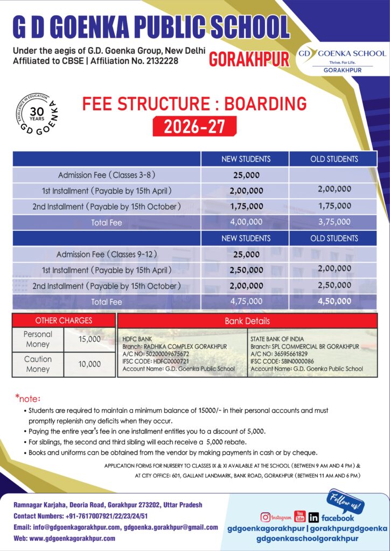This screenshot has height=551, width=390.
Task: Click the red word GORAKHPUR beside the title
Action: tap(248, 59)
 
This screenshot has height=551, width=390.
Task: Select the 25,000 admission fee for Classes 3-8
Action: tap(246, 175)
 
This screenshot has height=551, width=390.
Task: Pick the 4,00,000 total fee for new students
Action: tap(246, 222)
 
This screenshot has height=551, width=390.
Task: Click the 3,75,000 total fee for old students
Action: tap(334, 222)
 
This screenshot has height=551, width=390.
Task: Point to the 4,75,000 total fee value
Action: tap(246, 301)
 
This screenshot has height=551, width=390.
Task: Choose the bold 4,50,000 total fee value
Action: tap(334, 301)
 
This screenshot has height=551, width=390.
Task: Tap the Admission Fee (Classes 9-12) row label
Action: tap(107, 254)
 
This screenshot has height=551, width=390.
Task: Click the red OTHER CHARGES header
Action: tap(64, 321)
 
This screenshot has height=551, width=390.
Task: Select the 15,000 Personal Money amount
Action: tap(89, 339)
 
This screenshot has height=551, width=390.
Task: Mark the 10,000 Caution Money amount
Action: tap(89, 364)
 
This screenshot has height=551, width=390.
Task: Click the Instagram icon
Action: tap(266, 517)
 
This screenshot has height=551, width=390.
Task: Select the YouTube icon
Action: tap(300, 517)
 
